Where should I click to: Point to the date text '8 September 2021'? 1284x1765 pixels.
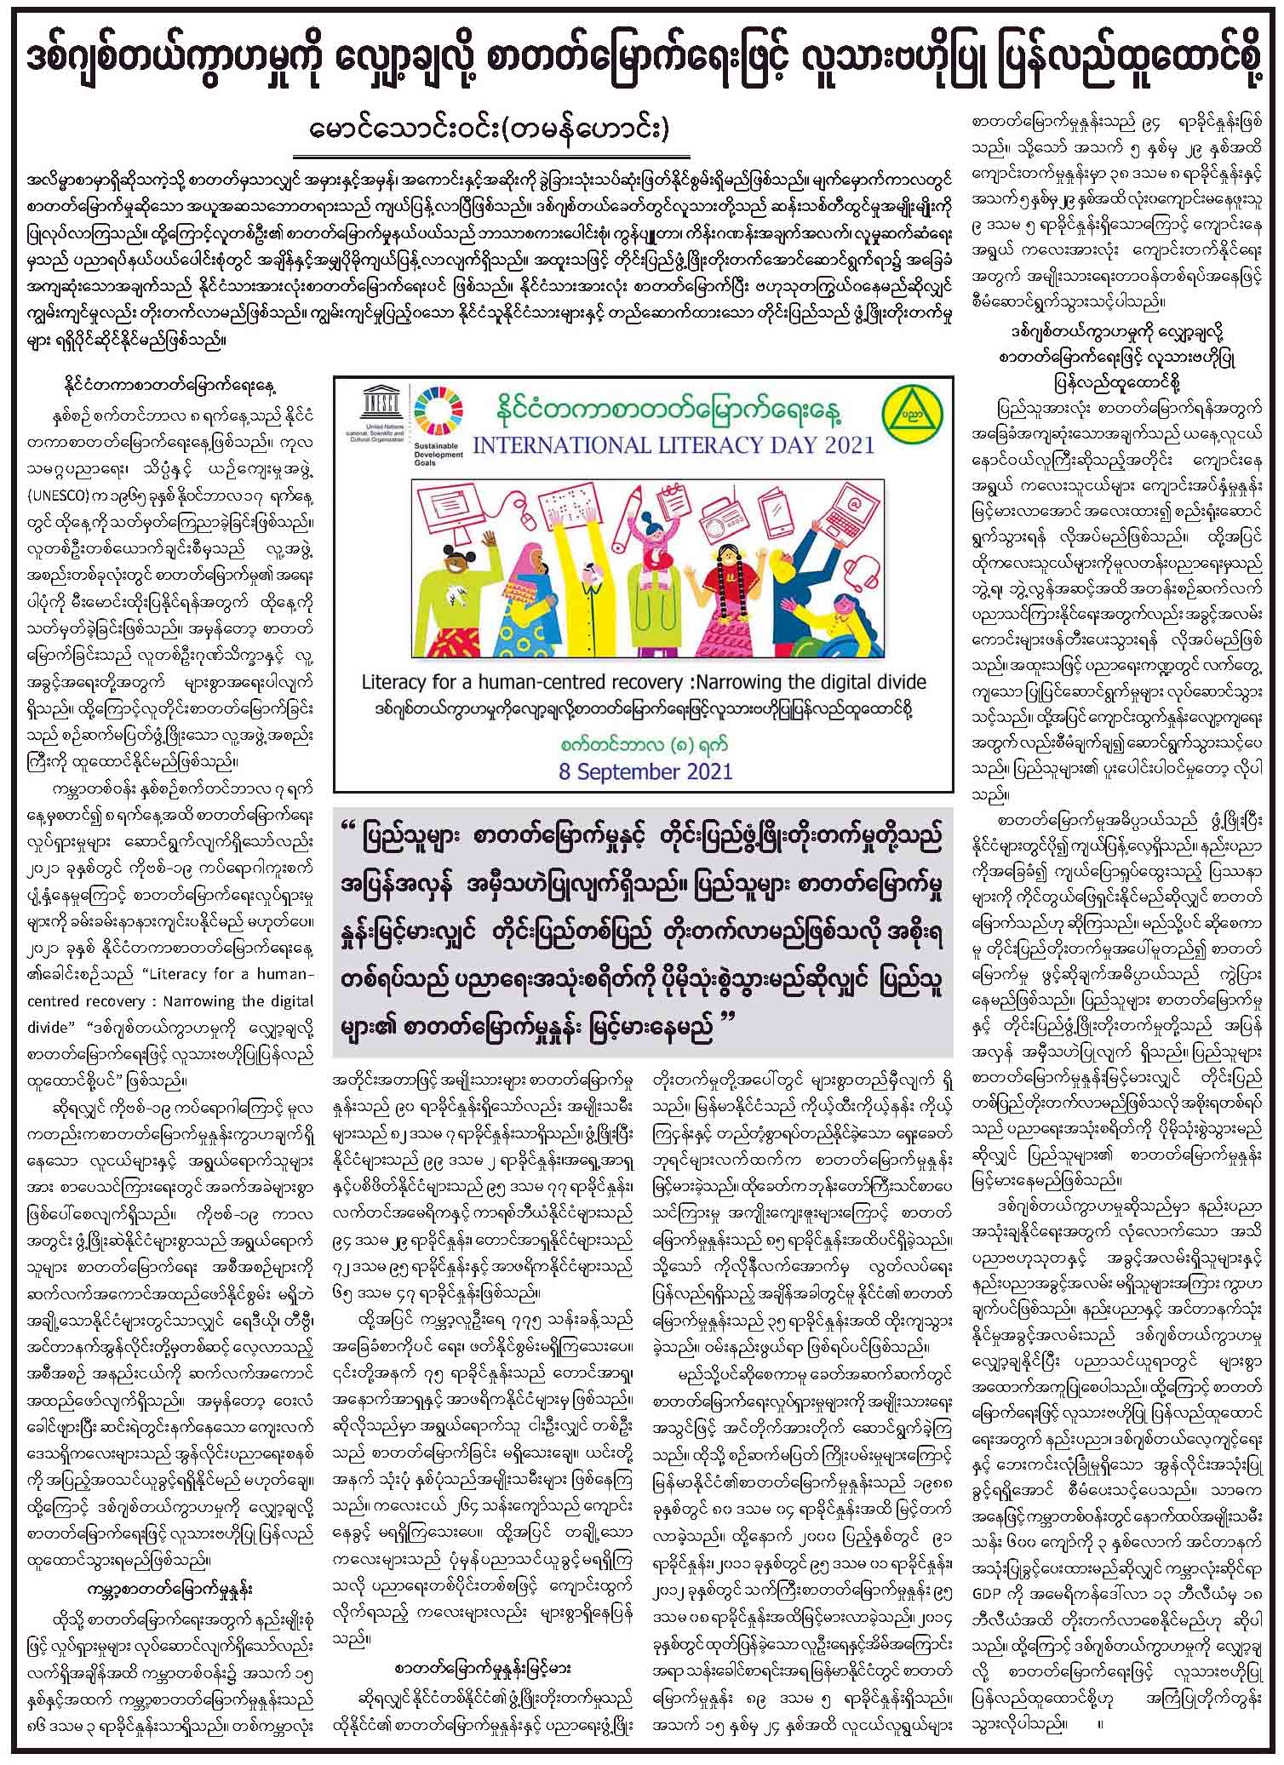tap(642, 772)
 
